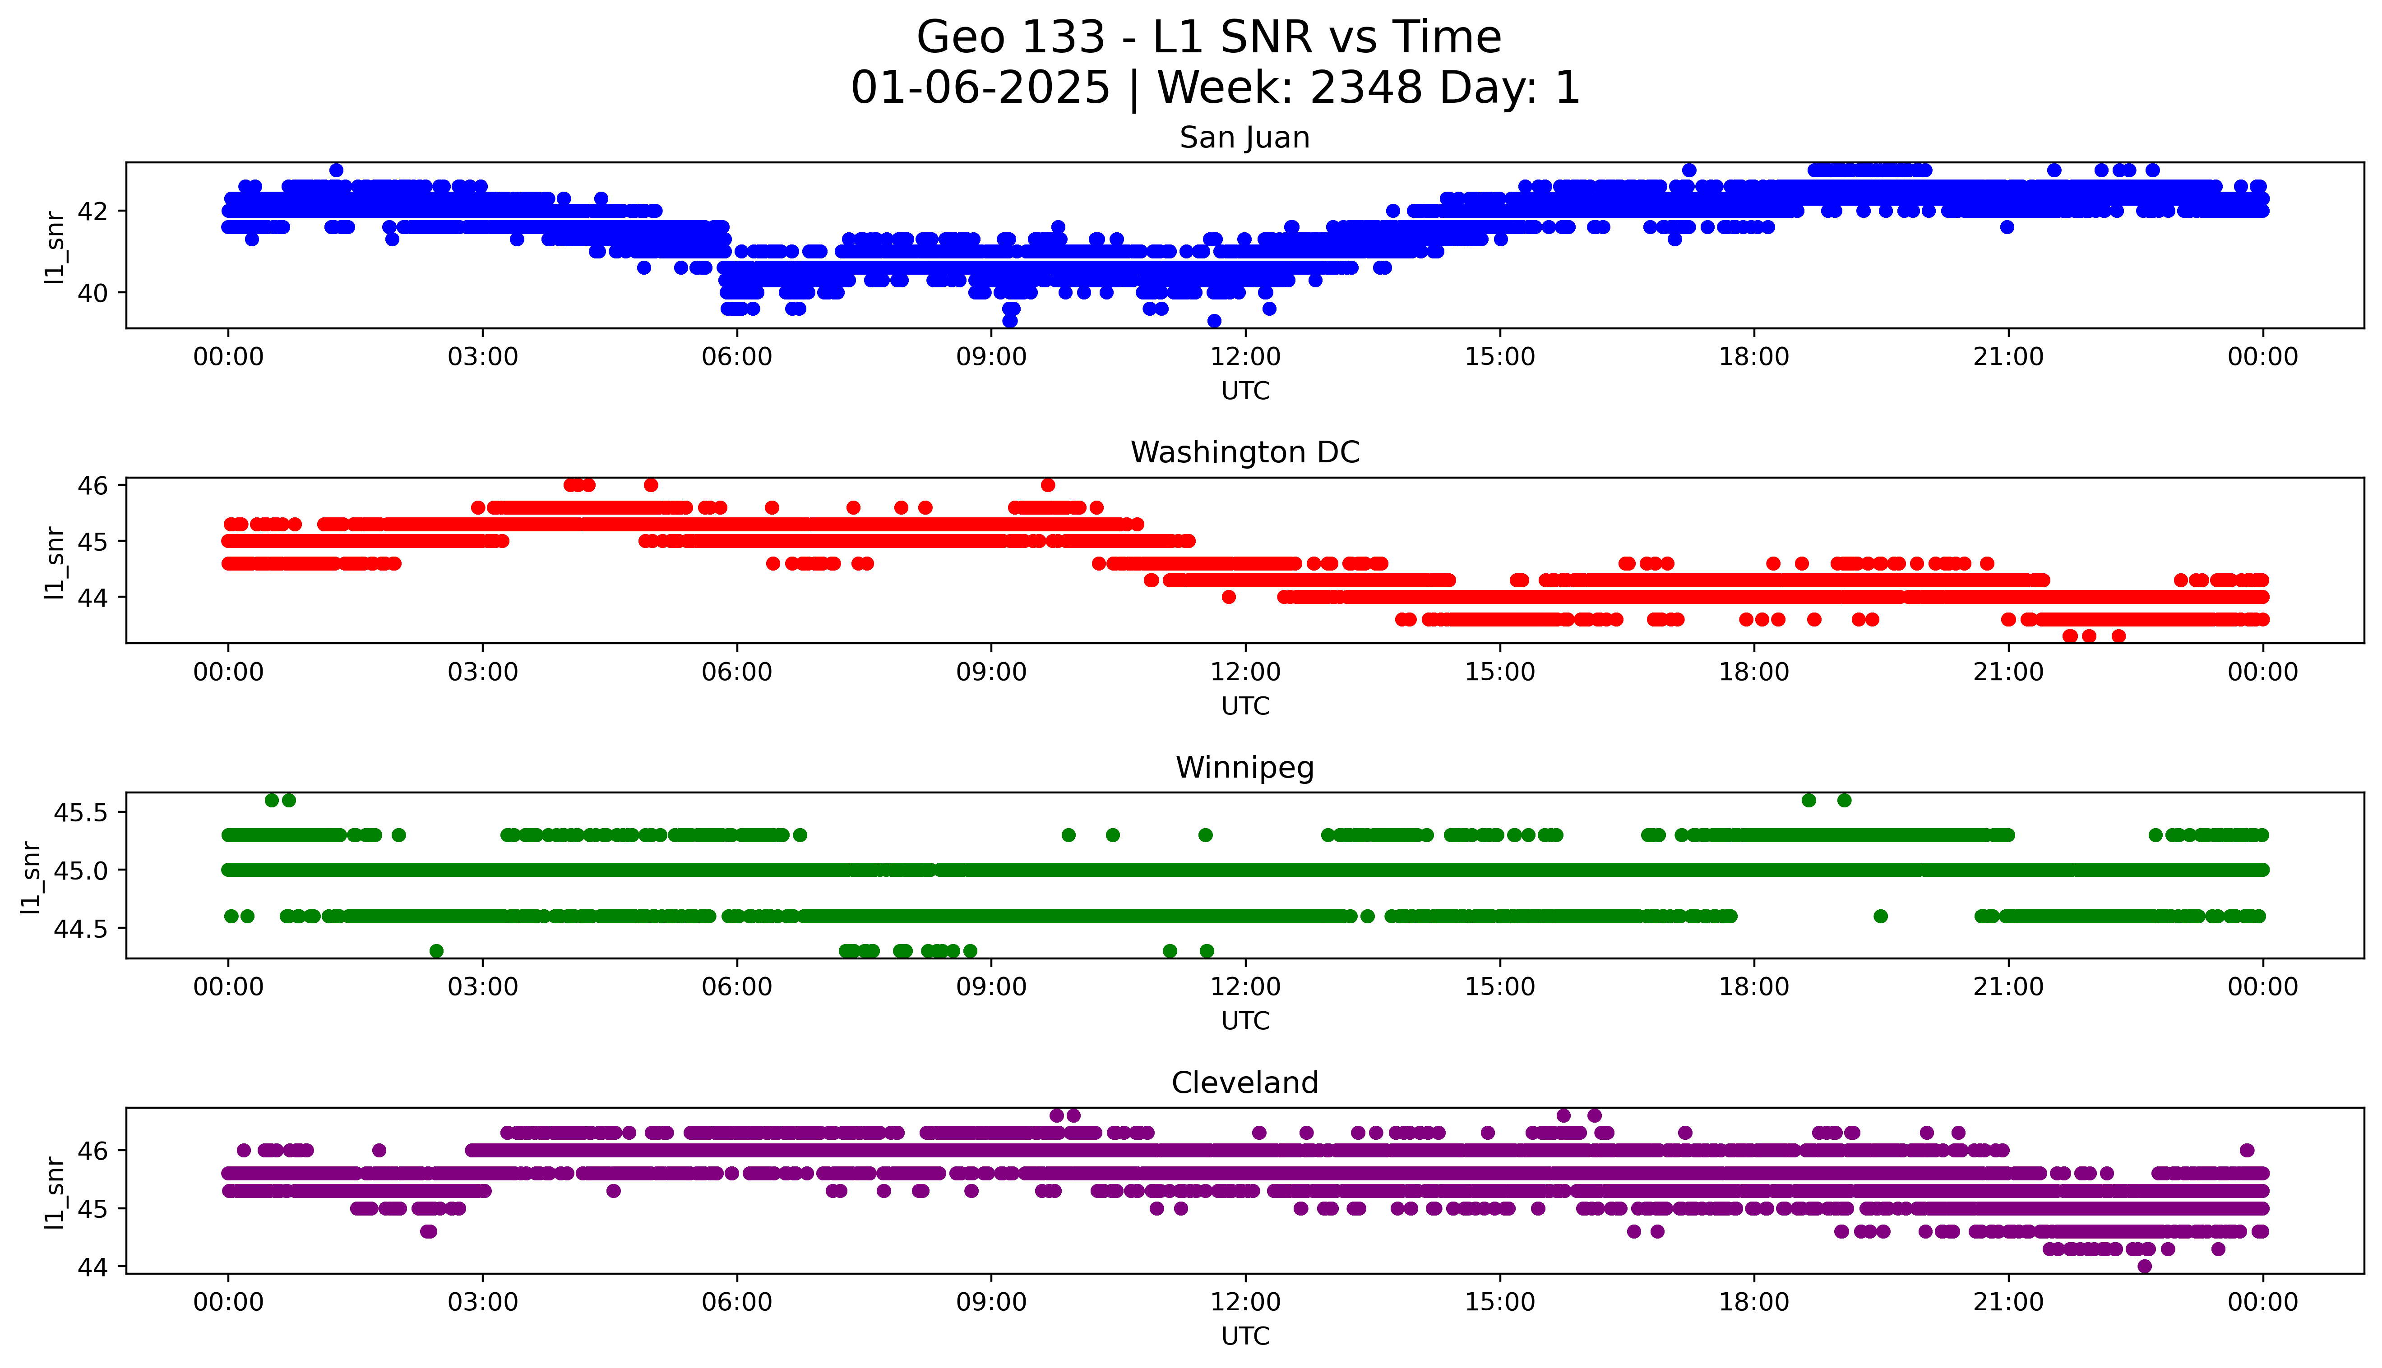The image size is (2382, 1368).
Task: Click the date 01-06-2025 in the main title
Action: click(x=980, y=88)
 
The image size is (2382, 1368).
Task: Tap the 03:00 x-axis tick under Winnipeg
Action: click(x=482, y=986)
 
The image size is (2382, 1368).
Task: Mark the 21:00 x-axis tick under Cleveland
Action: click(x=2008, y=1302)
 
